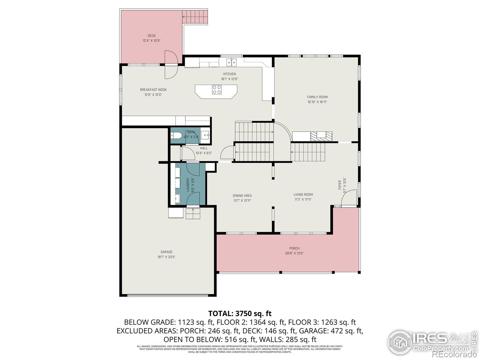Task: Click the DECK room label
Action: click(x=151, y=36)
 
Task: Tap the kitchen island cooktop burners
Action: click(x=217, y=90)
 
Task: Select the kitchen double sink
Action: click(x=231, y=62)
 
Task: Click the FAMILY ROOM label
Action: click(x=317, y=97)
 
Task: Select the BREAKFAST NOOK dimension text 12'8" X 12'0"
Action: click(x=153, y=95)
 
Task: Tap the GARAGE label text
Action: click(x=166, y=252)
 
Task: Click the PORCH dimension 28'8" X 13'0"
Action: click(x=294, y=253)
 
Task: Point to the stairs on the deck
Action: click(x=195, y=17)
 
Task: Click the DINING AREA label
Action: click(x=242, y=196)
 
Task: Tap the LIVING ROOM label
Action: click(x=303, y=194)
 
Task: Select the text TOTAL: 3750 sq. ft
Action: click(x=240, y=313)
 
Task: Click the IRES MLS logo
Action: click(x=432, y=342)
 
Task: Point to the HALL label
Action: click(x=204, y=148)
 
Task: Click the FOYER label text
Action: click(x=340, y=185)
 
